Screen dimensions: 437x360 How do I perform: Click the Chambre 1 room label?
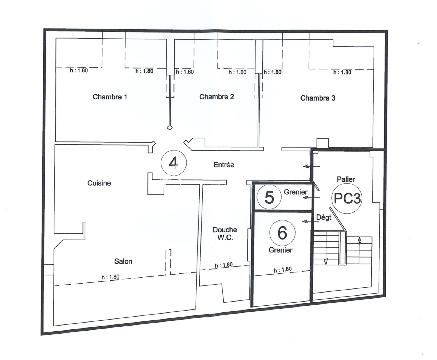coord(110,97)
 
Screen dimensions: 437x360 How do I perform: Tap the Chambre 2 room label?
coord(217,97)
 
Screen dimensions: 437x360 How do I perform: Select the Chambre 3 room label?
coord(318,98)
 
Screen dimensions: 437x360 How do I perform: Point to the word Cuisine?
coord(99,183)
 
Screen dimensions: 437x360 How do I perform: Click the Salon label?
coord(123,261)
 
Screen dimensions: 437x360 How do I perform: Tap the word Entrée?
coord(224,165)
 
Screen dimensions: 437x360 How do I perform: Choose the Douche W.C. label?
coord(225,234)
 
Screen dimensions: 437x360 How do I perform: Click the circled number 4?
coord(174,163)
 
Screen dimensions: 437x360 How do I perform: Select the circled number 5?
coord(269,197)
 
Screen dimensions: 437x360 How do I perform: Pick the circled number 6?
coord(282,233)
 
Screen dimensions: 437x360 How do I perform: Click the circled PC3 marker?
coord(347,198)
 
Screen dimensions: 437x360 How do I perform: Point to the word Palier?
coord(346,179)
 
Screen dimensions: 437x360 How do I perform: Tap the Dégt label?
coord(324,217)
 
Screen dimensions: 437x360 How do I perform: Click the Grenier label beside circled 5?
coord(296,192)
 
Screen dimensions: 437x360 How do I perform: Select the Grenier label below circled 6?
coord(280,250)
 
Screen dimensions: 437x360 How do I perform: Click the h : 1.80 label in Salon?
coord(111,277)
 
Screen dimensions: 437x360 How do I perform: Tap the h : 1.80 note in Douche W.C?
coord(224,265)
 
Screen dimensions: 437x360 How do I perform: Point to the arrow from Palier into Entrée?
coord(312,166)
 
